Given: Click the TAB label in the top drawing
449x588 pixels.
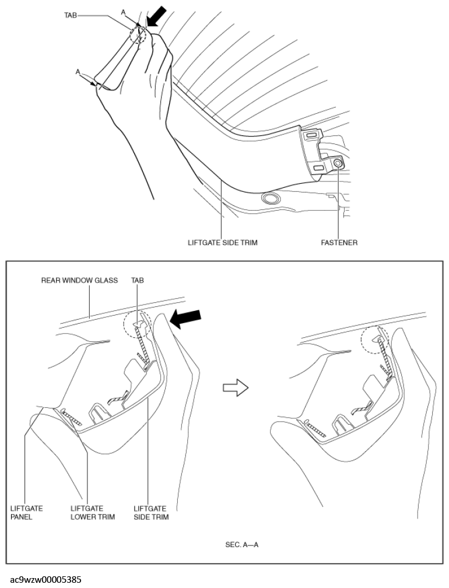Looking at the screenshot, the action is coord(71,15).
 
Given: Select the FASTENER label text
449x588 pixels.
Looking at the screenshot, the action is coord(339,243).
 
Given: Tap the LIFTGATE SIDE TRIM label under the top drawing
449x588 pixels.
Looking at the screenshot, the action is coord(222,243).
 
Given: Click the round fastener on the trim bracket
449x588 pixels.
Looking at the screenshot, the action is coord(338,163).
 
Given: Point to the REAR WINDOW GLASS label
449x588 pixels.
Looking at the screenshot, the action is coord(79,280).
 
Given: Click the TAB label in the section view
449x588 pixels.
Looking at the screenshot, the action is coord(138,280).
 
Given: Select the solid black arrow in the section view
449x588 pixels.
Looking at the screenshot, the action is coord(185,319).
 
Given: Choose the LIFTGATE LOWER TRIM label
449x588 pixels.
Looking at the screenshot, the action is coord(93,513).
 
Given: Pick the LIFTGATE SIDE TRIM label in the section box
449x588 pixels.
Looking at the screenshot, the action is coord(151,513).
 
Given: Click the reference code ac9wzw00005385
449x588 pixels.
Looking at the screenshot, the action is coord(45,579).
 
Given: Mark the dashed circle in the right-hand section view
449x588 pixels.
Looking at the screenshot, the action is coord(375,339).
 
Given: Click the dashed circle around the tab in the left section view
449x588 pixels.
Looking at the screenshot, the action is coord(138,324).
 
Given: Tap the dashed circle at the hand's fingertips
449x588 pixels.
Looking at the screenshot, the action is coord(138,34).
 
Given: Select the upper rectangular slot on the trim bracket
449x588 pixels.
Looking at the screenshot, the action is coord(311,135).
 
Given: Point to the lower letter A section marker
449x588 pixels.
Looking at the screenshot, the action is coord(78,72).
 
